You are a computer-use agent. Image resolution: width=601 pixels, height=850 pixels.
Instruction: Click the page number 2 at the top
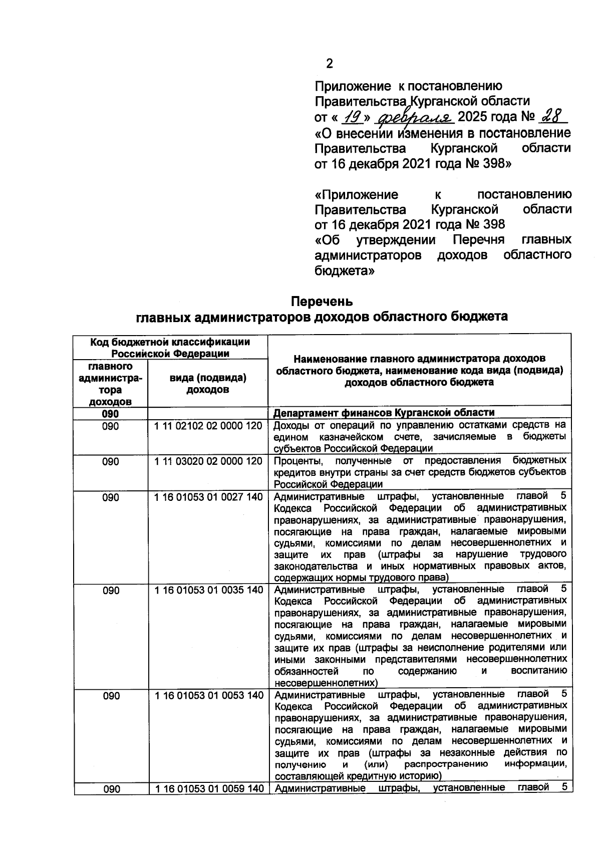point(329,64)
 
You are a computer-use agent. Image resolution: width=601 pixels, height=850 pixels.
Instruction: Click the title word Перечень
point(322,302)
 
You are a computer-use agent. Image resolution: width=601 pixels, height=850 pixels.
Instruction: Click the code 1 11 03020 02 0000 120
point(208,461)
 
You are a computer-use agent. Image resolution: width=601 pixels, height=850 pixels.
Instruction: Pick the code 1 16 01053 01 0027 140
point(208,497)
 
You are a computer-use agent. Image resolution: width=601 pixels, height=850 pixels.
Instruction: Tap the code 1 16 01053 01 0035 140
point(208,590)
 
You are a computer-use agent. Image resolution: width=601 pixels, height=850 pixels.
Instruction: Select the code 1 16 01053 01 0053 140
point(208,695)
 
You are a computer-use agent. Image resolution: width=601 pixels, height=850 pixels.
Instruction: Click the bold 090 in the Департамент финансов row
point(111,413)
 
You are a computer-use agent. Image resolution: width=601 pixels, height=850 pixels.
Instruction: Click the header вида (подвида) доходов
point(208,384)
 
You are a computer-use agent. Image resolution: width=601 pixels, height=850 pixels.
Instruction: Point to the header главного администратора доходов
point(111,384)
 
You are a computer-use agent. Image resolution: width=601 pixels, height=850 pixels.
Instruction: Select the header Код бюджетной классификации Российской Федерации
point(170,348)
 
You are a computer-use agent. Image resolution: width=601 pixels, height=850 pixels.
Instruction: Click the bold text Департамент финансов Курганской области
point(384,413)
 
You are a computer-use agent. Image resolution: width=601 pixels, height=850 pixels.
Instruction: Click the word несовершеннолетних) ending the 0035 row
point(326,683)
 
